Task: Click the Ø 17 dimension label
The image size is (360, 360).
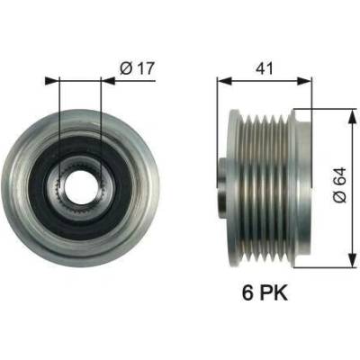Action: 137,68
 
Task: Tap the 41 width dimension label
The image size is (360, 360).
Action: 265,68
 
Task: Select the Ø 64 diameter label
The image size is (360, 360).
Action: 339,185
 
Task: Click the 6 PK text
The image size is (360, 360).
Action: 265,292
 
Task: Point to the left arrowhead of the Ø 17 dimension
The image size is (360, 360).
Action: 51,81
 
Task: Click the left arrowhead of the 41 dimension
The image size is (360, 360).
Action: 224,81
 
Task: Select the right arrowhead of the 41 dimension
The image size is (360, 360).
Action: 304,81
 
